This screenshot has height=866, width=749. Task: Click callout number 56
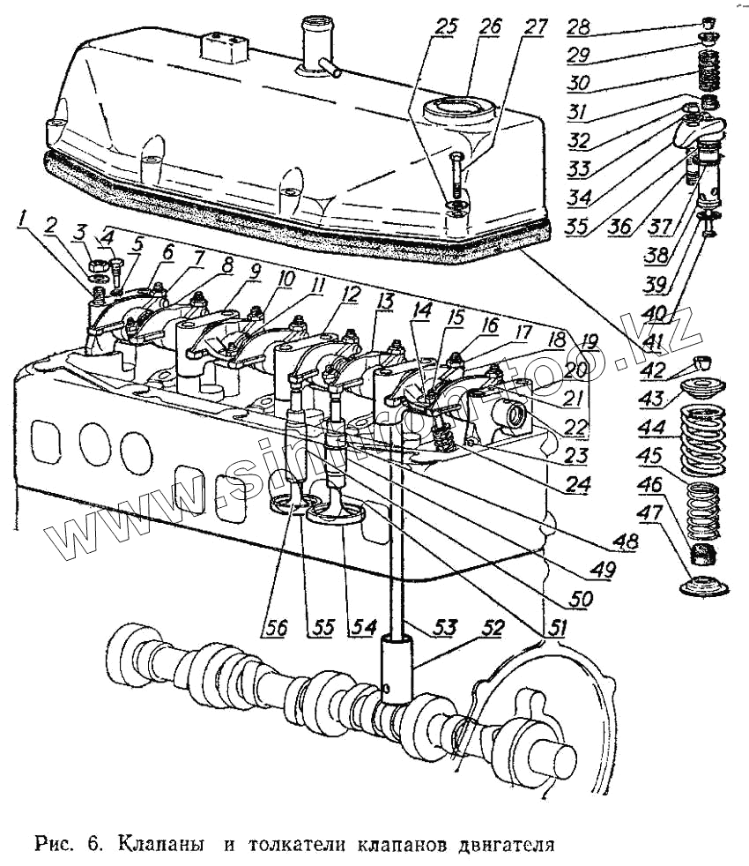point(276,628)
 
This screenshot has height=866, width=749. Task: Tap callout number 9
point(254,273)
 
